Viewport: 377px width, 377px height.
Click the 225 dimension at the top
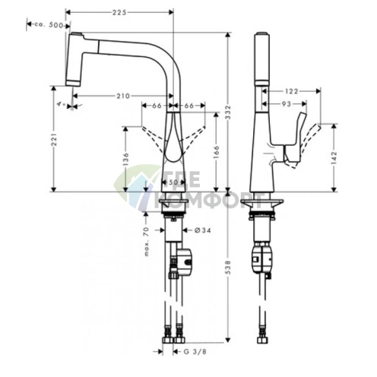(x=119, y=12)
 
